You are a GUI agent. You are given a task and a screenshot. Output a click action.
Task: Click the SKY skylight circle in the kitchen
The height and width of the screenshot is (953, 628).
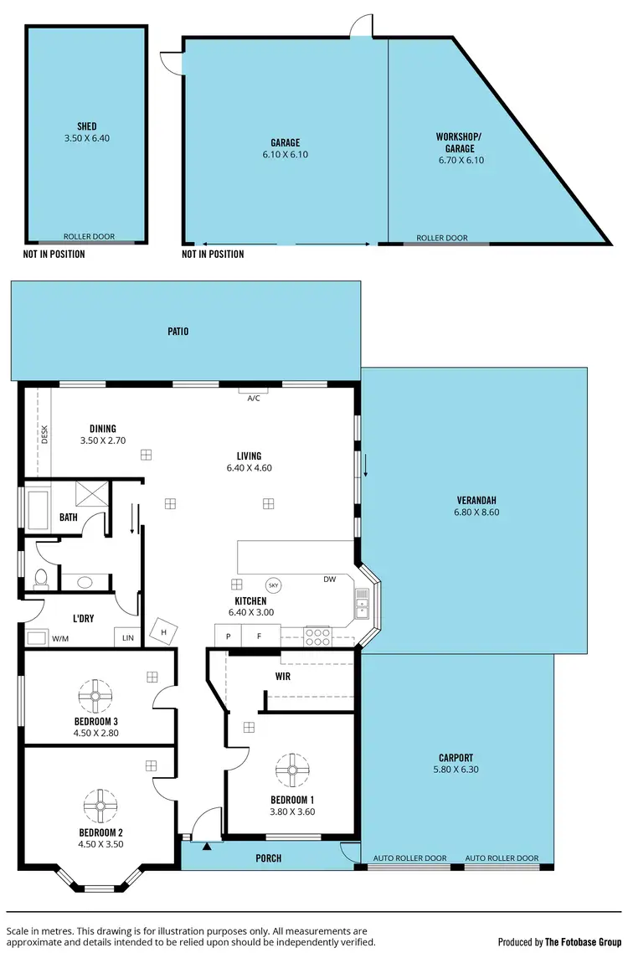point(273,585)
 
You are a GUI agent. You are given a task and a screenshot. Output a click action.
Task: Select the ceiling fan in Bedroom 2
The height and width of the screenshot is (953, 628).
point(100,806)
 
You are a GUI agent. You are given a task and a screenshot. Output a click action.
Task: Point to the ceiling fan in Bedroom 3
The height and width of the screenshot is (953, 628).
point(95,695)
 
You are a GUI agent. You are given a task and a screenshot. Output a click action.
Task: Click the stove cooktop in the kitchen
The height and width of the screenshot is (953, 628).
point(318,636)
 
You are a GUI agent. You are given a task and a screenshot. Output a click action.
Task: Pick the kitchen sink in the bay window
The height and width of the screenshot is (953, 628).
point(362,601)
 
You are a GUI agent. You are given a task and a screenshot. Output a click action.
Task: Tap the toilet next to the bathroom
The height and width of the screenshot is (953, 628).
point(39,579)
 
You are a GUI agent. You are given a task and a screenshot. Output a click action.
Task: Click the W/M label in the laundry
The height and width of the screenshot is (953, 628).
point(60,639)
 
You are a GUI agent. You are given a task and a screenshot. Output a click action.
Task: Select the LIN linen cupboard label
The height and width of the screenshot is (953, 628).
point(127,638)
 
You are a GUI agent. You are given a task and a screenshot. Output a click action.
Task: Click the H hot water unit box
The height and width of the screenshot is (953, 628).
point(163,631)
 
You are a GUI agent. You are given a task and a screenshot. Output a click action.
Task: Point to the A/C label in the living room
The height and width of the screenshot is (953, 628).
point(254,398)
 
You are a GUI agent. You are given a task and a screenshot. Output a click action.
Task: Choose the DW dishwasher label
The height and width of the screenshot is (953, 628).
point(330,580)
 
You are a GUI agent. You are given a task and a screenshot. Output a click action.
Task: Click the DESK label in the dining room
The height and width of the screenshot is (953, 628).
point(45,433)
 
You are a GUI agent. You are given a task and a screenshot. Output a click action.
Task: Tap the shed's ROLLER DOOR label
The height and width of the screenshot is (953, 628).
point(89,237)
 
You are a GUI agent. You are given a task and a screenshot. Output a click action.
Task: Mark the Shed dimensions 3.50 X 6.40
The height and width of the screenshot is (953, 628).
point(87,138)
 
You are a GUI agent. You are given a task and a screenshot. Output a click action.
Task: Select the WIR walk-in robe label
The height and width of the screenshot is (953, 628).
point(283,676)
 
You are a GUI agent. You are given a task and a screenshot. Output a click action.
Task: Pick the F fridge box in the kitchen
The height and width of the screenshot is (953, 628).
point(260,637)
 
